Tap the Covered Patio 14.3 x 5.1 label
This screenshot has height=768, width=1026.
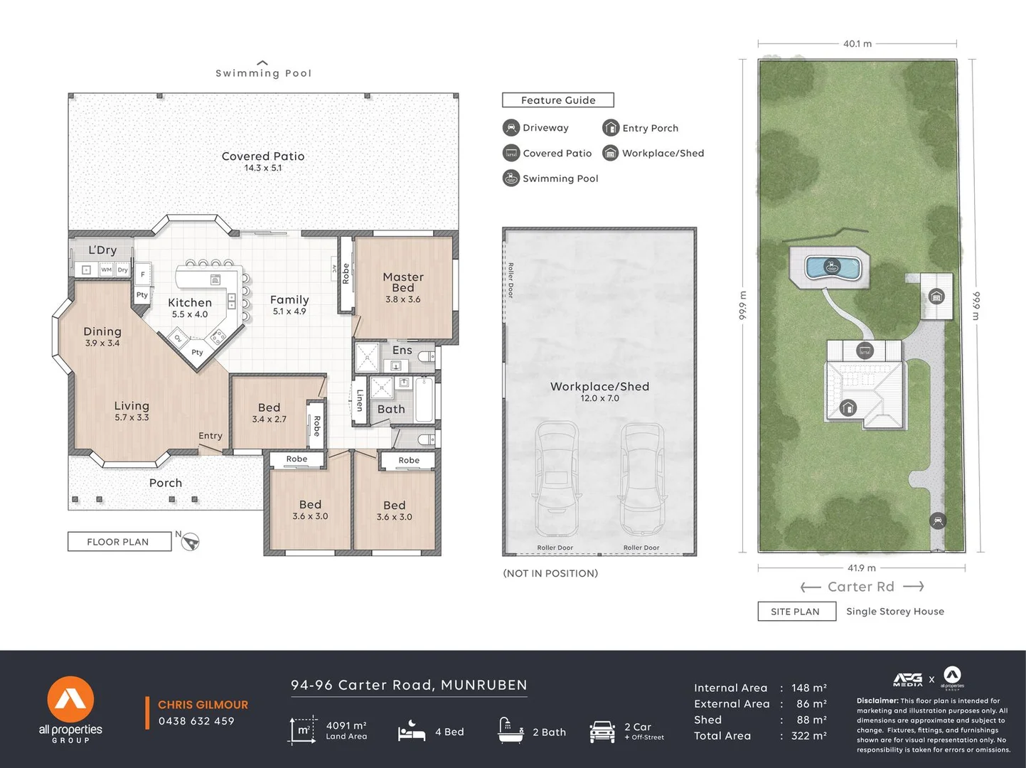(263, 161)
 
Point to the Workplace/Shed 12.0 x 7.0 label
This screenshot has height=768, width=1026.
(599, 391)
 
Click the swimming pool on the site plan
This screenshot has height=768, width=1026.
(832, 268)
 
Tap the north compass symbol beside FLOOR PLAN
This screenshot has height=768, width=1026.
(190, 542)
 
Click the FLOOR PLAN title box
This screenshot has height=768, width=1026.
(119, 542)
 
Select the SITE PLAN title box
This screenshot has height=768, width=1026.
(796, 612)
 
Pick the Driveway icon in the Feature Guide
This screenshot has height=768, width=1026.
(511, 128)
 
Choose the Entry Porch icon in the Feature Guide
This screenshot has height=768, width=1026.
(610, 128)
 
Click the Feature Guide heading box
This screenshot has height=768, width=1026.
(557, 100)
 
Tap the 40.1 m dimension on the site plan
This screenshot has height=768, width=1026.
(857, 44)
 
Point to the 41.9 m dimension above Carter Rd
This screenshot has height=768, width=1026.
(861, 568)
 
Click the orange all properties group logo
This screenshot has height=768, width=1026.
(70, 700)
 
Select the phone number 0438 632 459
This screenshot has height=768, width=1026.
(196, 721)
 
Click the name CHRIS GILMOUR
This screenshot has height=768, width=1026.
(203, 705)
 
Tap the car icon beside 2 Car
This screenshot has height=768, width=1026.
(602, 731)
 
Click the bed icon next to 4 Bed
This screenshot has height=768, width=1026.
(412, 731)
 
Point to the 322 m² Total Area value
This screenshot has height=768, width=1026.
(809, 736)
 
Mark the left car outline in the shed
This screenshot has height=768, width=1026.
(557, 480)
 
